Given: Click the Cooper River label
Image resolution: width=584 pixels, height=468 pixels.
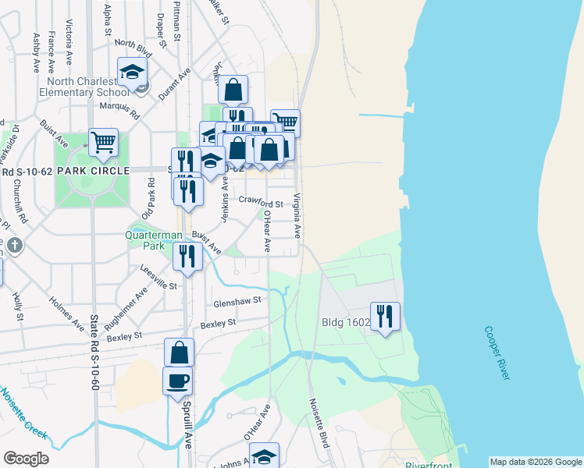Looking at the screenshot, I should (x=496, y=353).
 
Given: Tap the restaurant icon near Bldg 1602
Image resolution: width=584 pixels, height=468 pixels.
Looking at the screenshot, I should (x=385, y=316).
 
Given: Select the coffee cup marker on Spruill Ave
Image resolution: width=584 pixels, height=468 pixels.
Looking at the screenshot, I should (x=177, y=381).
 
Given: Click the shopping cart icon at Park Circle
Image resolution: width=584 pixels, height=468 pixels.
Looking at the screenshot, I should (x=103, y=142).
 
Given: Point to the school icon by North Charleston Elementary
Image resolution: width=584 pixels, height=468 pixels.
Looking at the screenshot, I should (x=133, y=73).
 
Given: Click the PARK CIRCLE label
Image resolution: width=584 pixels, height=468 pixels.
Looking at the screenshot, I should (x=86, y=171).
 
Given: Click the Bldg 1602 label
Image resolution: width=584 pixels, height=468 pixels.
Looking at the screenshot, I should (x=344, y=321).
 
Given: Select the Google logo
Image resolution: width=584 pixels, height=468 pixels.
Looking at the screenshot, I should (x=27, y=459).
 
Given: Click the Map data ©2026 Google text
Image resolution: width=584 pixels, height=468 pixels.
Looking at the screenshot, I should (x=536, y=462).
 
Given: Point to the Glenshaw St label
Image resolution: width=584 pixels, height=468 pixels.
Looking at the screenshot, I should (x=236, y=301).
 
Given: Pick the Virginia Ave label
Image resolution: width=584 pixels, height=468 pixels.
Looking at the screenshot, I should (x=297, y=215).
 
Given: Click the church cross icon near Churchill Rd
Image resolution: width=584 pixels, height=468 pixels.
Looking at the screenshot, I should (x=14, y=246).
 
